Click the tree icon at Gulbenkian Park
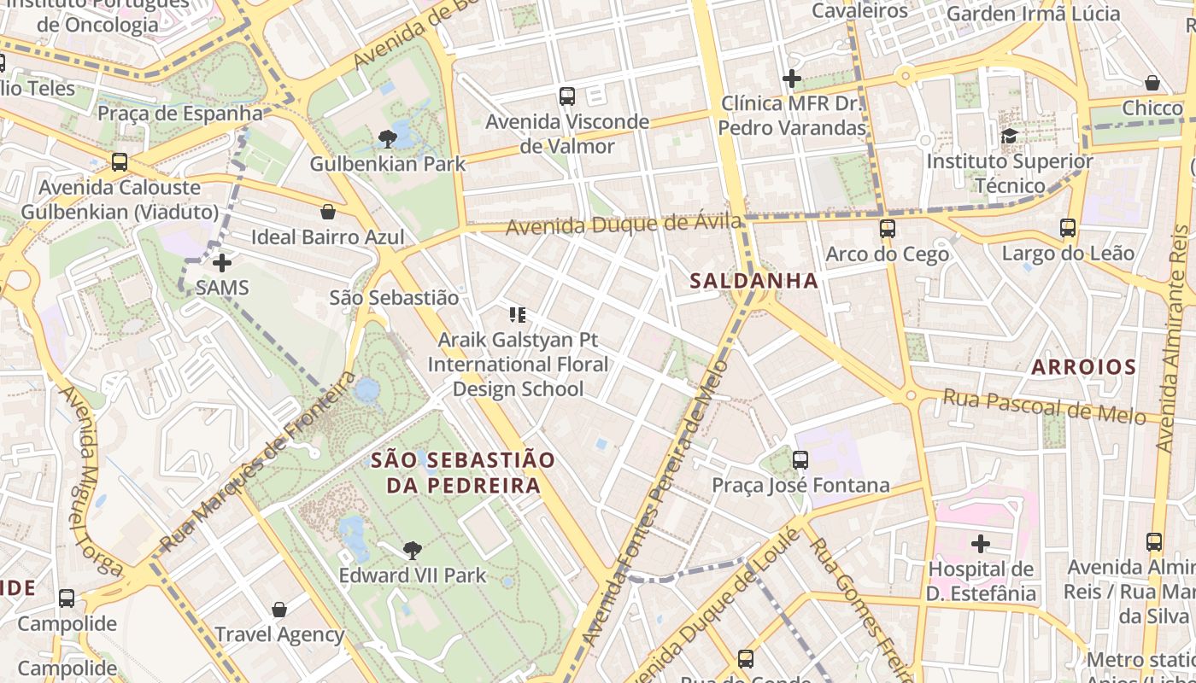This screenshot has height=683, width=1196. tap(387, 138)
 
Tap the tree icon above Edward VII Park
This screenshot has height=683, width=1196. tap(412, 551)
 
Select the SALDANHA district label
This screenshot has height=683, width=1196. tap(753, 280)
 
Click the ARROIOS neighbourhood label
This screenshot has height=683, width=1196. tap(1083, 367)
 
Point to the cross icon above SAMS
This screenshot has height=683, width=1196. tap(222, 263)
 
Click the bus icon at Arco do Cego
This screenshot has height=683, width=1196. tap(888, 229)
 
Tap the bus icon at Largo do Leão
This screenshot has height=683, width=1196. tap(1068, 228)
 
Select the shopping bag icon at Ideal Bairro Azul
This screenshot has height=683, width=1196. tap(327, 212)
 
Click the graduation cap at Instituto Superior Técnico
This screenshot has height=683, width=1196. tap(1009, 137)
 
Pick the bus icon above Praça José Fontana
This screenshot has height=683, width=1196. tap(800, 460)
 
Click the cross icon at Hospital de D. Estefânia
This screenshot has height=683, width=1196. tap(981, 543)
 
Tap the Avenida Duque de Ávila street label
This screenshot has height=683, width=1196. tap(624, 225)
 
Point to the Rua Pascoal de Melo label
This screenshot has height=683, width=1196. tap(1044, 406)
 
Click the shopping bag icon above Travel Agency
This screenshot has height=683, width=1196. tap(278, 610)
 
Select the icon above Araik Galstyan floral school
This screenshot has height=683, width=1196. tap(517, 315)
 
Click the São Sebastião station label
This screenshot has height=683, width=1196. tap(394, 298)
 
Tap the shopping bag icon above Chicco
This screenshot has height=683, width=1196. tap(1152, 83)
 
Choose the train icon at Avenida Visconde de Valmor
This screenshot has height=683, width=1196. tap(567, 96)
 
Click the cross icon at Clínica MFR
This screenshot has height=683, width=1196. tap(792, 79)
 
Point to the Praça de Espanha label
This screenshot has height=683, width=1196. tap(180, 113)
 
